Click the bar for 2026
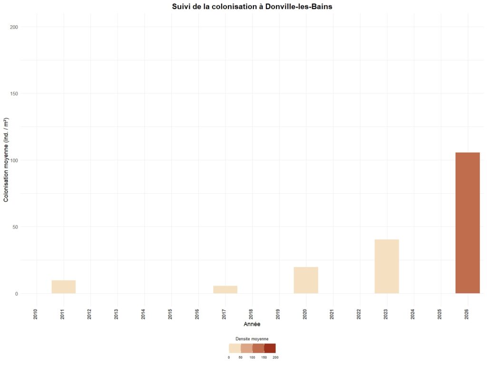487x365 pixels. tap(468, 223)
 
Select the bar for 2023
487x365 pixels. tap(387, 266)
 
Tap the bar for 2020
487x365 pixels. tap(306, 280)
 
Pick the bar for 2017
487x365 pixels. tap(225, 289)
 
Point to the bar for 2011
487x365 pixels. tap(64, 287)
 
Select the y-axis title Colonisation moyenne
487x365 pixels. tap(7, 160)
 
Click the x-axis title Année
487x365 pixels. tap(252, 324)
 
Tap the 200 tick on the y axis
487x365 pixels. tap(14, 27)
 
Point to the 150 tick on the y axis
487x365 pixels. tap(14, 94)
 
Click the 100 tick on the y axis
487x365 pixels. tap(14, 160)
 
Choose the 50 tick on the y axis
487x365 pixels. tap(15, 227)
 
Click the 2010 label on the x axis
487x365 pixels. tap(36, 313)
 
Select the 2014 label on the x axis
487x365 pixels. tap(144, 313)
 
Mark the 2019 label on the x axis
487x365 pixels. tap(278, 313)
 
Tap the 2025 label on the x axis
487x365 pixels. tap(440, 313)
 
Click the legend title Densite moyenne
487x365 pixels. tap(252, 339)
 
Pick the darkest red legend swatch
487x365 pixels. tap(270, 348)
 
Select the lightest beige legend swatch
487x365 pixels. tap(235, 348)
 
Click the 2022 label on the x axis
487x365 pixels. tap(359, 313)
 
